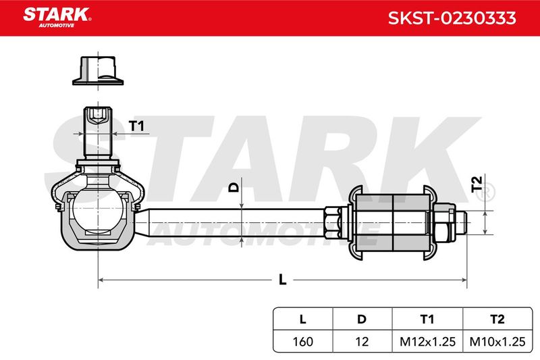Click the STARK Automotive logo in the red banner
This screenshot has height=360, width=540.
(x=57, y=18)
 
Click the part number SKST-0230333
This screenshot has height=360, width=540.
(x=452, y=18)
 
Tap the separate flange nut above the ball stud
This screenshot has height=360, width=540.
(x=98, y=71)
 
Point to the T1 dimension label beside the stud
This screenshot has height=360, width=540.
(x=136, y=126)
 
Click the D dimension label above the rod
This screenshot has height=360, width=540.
(x=234, y=187)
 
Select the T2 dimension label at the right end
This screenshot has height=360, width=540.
(x=477, y=184)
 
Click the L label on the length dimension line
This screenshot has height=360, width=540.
(x=282, y=280)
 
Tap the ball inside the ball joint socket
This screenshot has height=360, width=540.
(x=98, y=210)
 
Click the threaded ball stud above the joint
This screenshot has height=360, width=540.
(x=98, y=132)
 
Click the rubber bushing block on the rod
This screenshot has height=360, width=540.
(x=393, y=223)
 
